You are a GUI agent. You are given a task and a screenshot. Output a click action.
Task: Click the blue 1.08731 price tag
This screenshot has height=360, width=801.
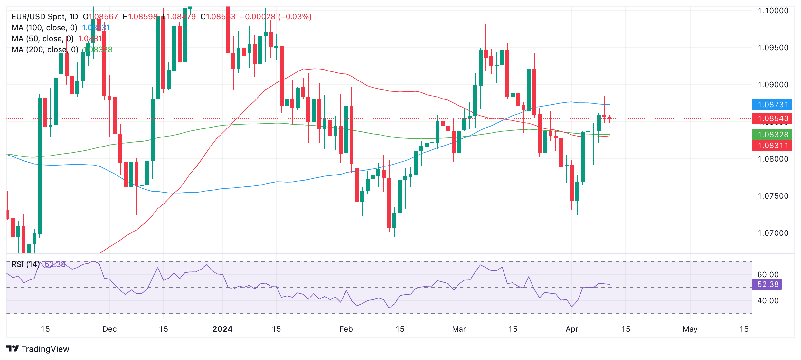point(772,105)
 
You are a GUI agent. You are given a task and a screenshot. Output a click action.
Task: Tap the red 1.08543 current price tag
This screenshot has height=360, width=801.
point(772,118)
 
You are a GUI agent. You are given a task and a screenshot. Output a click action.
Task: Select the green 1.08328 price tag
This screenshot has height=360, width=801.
point(772,135)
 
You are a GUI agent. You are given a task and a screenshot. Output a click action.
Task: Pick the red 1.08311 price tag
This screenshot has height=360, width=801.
point(772,146)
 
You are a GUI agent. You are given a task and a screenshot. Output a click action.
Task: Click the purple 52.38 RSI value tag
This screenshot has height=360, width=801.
point(767,284)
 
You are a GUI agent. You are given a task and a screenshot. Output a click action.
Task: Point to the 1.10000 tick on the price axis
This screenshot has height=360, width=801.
point(773,11)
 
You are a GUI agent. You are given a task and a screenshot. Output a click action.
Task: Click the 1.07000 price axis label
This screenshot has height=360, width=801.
point(773,233)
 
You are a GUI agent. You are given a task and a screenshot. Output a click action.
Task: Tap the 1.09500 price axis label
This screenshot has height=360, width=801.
point(773,48)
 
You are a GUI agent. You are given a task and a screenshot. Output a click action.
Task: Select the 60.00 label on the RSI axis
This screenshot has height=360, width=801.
point(768,275)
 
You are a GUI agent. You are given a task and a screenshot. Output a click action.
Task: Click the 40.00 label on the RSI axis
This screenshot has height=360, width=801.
point(768,301)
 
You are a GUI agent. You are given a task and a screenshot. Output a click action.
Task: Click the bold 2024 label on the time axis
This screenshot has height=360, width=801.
point(222,329)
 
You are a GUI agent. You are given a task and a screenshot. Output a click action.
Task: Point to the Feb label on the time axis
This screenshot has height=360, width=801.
point(346,329)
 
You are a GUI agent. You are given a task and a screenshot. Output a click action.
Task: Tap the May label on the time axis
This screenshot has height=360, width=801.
point(690,329)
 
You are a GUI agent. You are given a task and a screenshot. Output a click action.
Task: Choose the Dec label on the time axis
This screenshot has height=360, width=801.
point(109,329)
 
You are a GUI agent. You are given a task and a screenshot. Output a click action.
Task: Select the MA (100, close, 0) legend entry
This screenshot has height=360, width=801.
point(44,28)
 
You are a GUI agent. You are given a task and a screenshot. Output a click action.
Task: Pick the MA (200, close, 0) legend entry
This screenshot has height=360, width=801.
point(45,50)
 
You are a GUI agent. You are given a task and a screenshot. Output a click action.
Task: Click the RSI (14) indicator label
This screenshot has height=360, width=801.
point(26,264)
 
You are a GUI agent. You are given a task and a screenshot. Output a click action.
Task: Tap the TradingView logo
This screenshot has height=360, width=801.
point(38,349)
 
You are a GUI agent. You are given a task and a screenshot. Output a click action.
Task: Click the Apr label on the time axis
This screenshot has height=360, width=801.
point(572,329)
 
